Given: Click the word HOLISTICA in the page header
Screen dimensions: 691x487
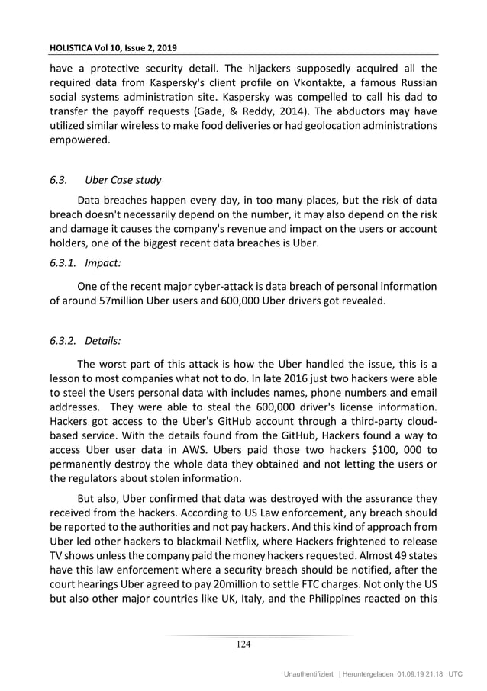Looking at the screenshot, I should (x=73, y=47).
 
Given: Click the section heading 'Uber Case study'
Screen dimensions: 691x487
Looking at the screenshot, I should (x=123, y=181).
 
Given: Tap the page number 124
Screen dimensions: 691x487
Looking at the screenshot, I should (x=243, y=644).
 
